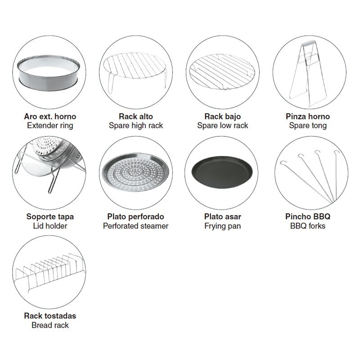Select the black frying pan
(x=222, y=172)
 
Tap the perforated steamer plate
(x=135, y=172)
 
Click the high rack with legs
(x=135, y=71)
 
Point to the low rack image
(x=222, y=72)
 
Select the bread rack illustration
(x=49, y=273)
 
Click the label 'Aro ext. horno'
(x=50, y=117)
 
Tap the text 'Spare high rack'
(x=136, y=126)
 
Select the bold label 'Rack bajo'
(x=222, y=117)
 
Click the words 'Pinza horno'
(x=308, y=117)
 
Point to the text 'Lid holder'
(x=50, y=226)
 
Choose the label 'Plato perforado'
(x=136, y=216)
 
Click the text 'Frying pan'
(x=222, y=226)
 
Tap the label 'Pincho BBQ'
(x=308, y=216)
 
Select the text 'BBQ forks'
(x=308, y=226)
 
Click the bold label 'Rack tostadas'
(x=50, y=316)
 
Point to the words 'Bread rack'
(x=50, y=325)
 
